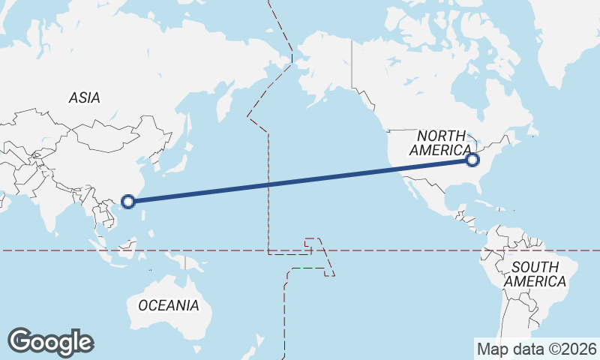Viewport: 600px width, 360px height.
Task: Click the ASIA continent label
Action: tap(84, 97)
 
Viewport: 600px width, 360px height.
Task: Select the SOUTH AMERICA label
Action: tap(535, 274)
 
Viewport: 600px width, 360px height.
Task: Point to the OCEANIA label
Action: tap(169, 305)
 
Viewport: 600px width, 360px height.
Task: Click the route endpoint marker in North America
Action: tap(472, 160)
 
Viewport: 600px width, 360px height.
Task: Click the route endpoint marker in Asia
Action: tap(128, 201)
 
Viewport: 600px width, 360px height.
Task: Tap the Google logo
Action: tap(50, 342)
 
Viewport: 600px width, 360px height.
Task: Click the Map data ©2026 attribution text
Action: tap(536, 348)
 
